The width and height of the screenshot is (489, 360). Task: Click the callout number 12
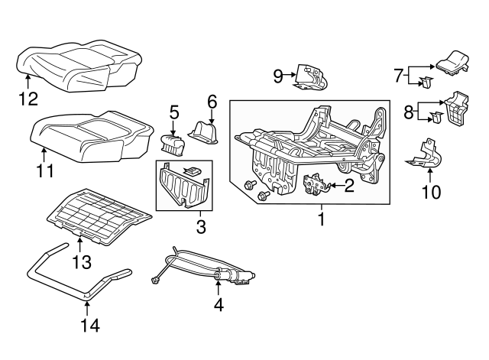click(x=28, y=97)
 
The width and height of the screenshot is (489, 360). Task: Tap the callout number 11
click(x=45, y=170)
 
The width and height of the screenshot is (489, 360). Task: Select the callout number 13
click(x=81, y=262)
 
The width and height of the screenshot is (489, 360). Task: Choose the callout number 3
click(x=200, y=227)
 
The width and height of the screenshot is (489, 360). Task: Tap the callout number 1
click(x=321, y=220)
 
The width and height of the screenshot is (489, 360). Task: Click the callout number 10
click(x=431, y=192)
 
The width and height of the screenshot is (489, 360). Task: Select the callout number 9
click(x=278, y=75)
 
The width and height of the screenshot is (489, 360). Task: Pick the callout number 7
click(x=398, y=75)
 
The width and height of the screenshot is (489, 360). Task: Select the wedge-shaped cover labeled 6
click(x=204, y=133)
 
